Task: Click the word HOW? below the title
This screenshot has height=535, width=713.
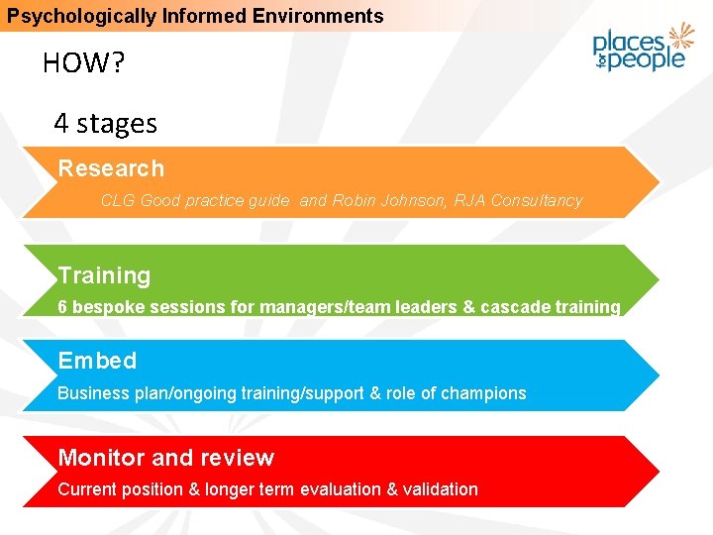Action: [x=84, y=64]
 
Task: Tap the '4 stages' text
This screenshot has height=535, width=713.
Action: [x=105, y=124]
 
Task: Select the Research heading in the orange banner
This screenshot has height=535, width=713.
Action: [x=111, y=168]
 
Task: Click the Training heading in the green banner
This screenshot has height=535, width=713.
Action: [x=104, y=275]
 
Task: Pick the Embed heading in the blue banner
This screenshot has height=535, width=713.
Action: [x=97, y=361]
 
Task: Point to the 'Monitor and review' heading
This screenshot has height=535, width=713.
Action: [x=165, y=458]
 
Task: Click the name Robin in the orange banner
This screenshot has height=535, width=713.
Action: [x=353, y=200]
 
